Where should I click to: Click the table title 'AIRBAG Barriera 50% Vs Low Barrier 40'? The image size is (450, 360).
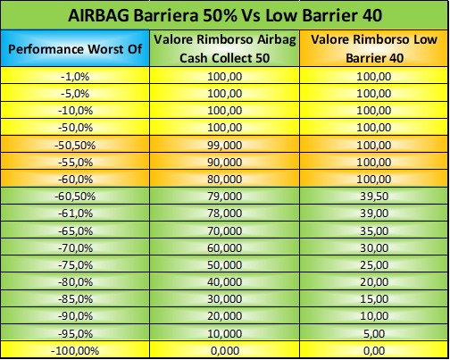click(x=225, y=15)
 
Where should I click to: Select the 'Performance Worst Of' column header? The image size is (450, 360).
click(x=75, y=49)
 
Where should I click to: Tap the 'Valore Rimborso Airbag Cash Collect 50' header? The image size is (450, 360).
click(x=225, y=48)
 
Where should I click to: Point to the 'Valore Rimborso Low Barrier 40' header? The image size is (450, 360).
click(x=374, y=48)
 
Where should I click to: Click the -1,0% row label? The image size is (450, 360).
click(x=75, y=77)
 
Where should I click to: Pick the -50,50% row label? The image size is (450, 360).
click(x=75, y=146)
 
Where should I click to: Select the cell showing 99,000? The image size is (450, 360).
click(x=225, y=146)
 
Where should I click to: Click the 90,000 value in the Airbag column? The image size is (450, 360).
click(x=225, y=163)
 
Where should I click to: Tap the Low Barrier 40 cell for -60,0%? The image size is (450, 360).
click(x=374, y=180)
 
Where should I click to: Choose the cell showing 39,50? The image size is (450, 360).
click(x=374, y=197)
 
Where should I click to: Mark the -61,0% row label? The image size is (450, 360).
click(x=75, y=213)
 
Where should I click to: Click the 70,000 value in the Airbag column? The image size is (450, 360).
click(x=225, y=230)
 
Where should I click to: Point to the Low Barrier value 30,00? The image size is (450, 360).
click(x=374, y=247)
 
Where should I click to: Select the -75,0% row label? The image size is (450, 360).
click(x=75, y=264)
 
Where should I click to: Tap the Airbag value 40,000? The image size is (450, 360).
click(x=225, y=281)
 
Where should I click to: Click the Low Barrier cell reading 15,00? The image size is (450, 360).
click(x=374, y=298)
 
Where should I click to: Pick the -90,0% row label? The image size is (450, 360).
click(x=75, y=315)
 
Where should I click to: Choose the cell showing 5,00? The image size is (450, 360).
click(x=374, y=333)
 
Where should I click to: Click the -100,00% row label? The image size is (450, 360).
click(x=75, y=350)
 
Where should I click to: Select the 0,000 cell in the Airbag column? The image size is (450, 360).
click(x=225, y=350)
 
